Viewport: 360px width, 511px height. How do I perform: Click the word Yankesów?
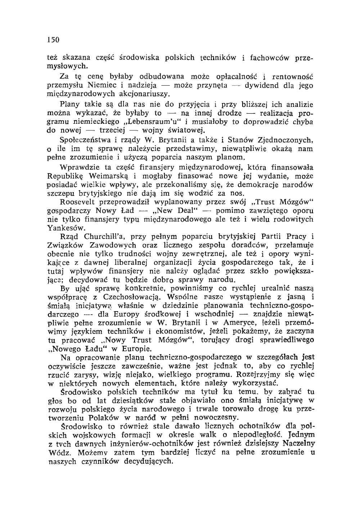[62, 228]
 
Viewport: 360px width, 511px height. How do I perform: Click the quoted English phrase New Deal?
[178, 211]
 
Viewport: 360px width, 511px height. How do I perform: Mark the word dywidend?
[264, 86]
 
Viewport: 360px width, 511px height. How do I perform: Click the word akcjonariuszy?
[143, 94]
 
